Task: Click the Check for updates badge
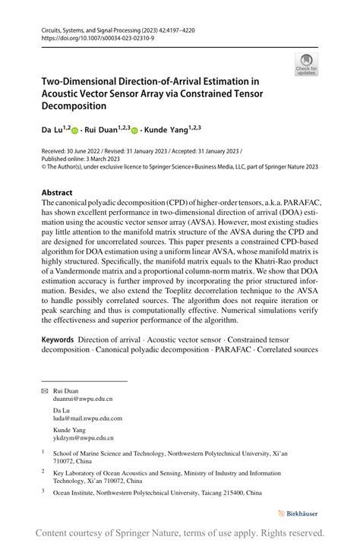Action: coord(306,65)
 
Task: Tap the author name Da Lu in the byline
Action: coord(52,131)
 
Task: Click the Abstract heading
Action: coord(57,193)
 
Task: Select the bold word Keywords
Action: coord(58,339)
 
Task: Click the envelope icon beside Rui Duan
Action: coord(45,390)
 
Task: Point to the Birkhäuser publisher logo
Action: coord(300,513)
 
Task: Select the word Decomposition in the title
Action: coord(74,106)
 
